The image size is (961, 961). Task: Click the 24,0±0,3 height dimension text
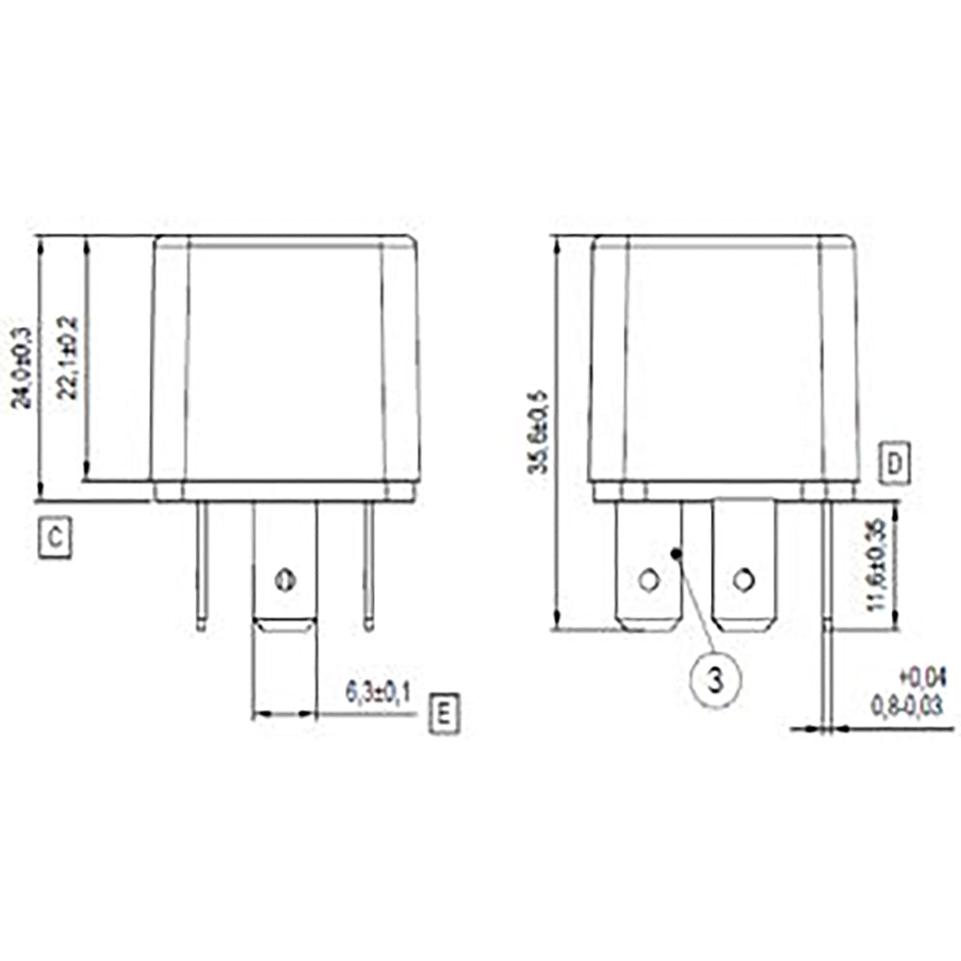[21, 368]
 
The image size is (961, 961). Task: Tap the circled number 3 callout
[716, 679]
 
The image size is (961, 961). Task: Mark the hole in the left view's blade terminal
[283, 579]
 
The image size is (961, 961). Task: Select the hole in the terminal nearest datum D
[742, 579]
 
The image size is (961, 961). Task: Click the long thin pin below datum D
[825, 615]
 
